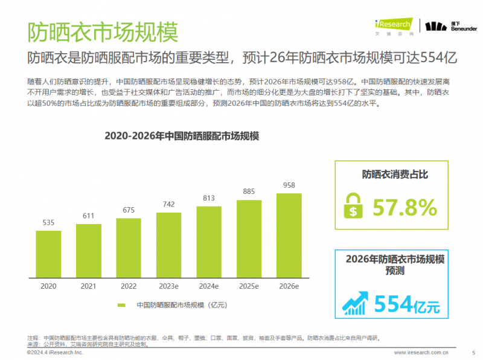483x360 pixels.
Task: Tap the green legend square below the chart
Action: click(121, 305)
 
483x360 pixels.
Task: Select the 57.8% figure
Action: click(404, 208)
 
